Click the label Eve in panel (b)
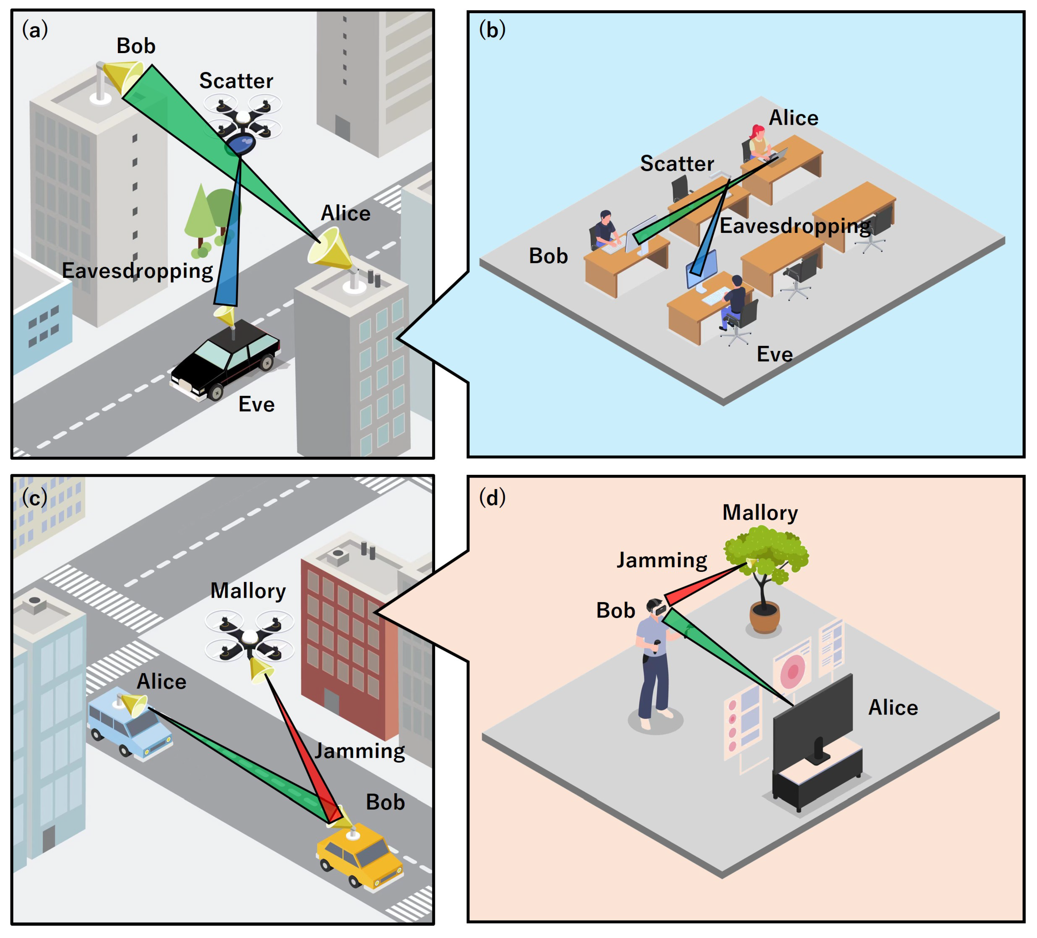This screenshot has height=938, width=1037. [774, 355]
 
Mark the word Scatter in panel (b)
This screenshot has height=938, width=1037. [677, 163]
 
